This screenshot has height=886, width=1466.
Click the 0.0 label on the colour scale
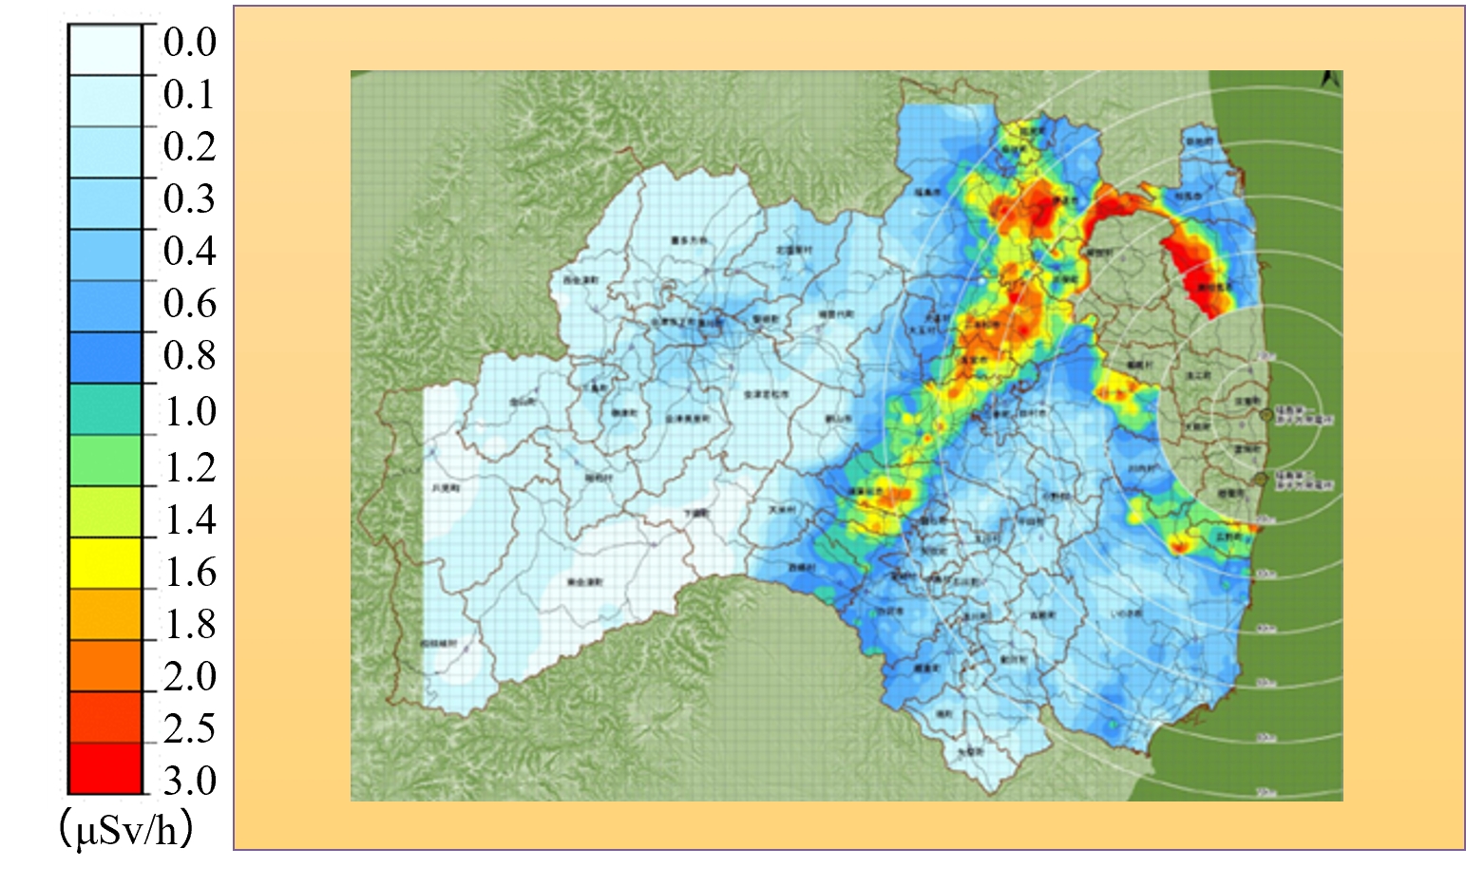189,43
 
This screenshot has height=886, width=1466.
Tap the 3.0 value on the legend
189,781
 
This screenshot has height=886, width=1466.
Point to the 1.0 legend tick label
189,412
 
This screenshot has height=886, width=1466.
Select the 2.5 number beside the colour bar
189,728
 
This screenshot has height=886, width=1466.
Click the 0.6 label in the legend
189,304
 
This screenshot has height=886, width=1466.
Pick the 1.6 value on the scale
189,573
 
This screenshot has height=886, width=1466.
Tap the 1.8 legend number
189,625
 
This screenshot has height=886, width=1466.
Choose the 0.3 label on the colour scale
189,199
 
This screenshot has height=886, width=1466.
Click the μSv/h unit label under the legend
126,831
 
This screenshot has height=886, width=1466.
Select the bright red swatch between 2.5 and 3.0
105,768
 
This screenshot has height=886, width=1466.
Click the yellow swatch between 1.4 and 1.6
105,563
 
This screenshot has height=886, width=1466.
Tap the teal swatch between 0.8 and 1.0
105,409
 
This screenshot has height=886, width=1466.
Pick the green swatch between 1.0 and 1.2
105,461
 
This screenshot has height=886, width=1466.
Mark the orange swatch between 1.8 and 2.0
105,666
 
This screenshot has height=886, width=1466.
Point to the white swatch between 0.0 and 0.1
105,49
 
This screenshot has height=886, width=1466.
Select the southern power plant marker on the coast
1261,480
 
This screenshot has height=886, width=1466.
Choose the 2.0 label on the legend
189,677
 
